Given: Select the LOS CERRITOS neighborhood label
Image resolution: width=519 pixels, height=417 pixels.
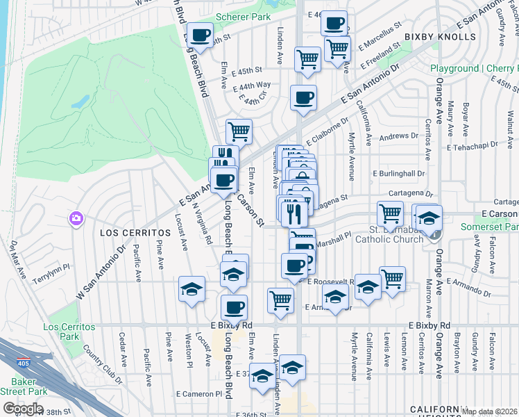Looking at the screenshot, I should [134, 231].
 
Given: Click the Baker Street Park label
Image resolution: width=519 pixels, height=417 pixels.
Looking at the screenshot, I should [23, 386].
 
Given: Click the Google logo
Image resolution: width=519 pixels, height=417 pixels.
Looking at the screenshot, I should [23, 408].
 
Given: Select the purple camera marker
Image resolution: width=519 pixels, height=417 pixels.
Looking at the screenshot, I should [76, 219].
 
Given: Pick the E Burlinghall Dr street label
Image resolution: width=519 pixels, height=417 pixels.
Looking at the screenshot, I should [398, 173].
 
